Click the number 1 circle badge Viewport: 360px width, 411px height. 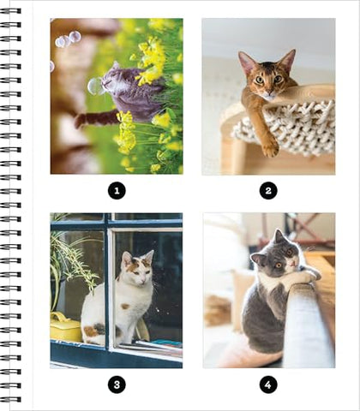click(117, 190)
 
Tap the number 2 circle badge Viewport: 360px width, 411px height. click(268, 190)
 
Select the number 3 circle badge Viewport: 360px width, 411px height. click(117, 384)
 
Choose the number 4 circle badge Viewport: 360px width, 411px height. click(268, 384)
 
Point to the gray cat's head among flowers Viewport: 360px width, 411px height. click(112, 78)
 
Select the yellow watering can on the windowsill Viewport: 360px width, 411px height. click(66, 327)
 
